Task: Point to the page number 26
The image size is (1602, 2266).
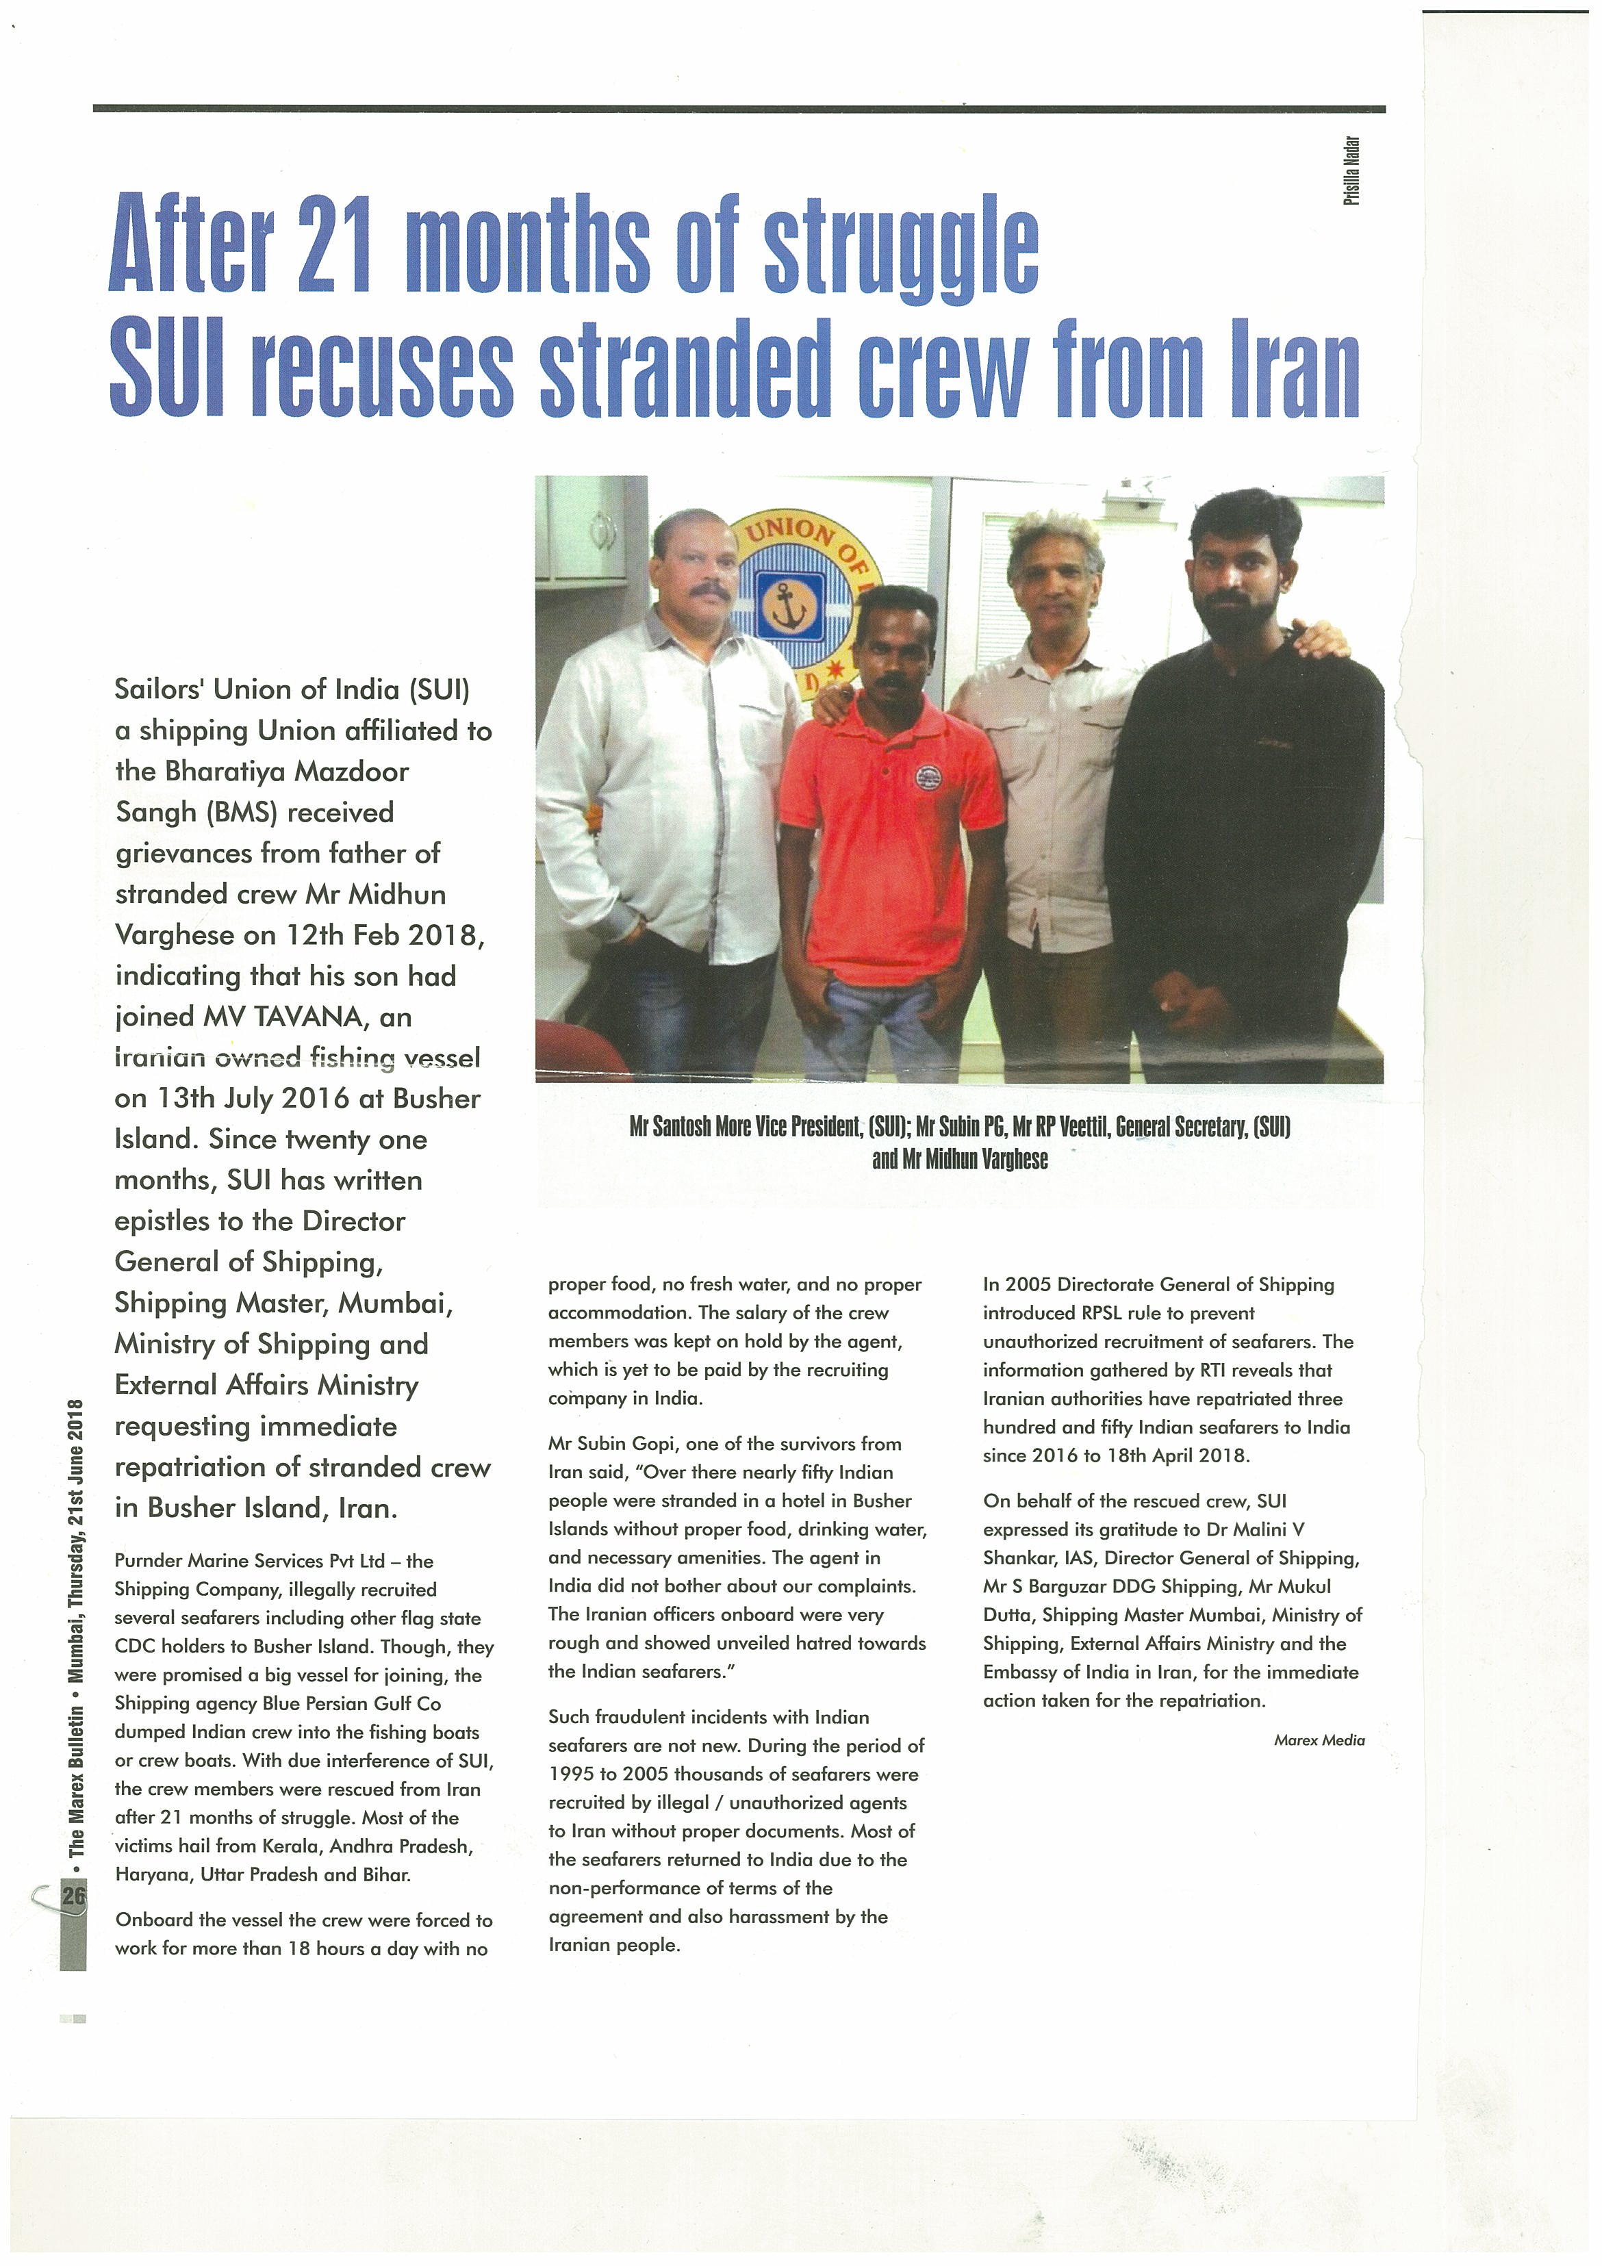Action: [74, 1895]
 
